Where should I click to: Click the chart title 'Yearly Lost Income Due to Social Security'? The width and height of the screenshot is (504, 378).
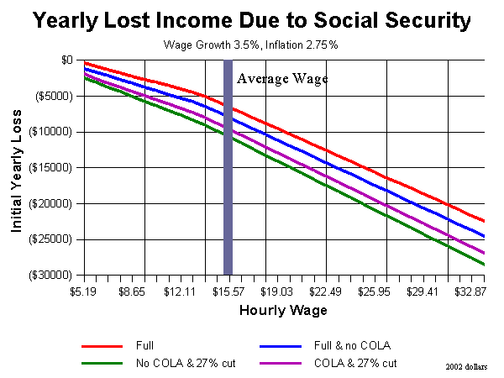pos(252,20)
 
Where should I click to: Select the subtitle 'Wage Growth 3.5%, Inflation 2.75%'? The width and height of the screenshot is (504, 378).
pos(250,45)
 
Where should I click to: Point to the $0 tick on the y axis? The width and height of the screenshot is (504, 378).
pos(67,60)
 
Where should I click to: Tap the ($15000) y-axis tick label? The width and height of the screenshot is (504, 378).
pos(50,168)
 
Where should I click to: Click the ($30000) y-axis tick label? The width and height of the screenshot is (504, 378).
pos(50,276)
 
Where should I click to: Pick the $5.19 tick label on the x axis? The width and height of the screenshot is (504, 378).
pos(83,291)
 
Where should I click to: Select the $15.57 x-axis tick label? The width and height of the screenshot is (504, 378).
pos(228,291)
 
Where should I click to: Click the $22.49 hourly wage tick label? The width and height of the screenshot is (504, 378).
pos(325,291)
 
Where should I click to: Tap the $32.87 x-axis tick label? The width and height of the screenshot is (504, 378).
pos(470,291)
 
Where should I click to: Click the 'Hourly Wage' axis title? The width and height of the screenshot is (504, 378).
pos(283,311)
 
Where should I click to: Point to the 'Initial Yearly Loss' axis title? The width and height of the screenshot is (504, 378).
pos(16,171)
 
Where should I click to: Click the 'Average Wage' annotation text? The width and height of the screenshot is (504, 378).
pos(282,79)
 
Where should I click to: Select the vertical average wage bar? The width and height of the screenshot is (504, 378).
pos(228,167)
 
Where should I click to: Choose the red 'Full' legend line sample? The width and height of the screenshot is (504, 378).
pos(102,346)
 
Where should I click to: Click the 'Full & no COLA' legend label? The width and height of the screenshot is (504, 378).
pos(352,345)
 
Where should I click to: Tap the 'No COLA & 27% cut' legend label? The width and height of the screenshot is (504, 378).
pos(186,363)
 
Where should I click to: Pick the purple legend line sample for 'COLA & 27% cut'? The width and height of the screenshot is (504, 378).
pos(281,364)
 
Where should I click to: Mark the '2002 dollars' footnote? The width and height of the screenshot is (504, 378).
pos(466,367)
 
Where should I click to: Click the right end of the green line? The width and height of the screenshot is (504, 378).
pos(484,265)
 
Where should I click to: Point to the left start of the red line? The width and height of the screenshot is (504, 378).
pos(85,63)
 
